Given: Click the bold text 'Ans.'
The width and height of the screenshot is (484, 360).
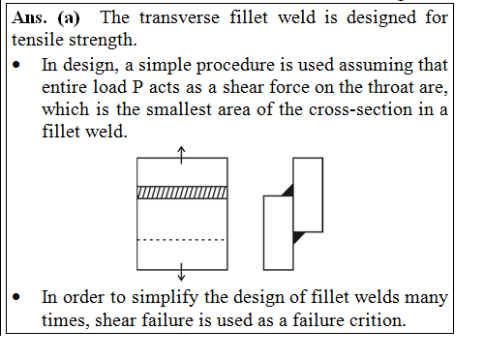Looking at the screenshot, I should click(31, 18).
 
